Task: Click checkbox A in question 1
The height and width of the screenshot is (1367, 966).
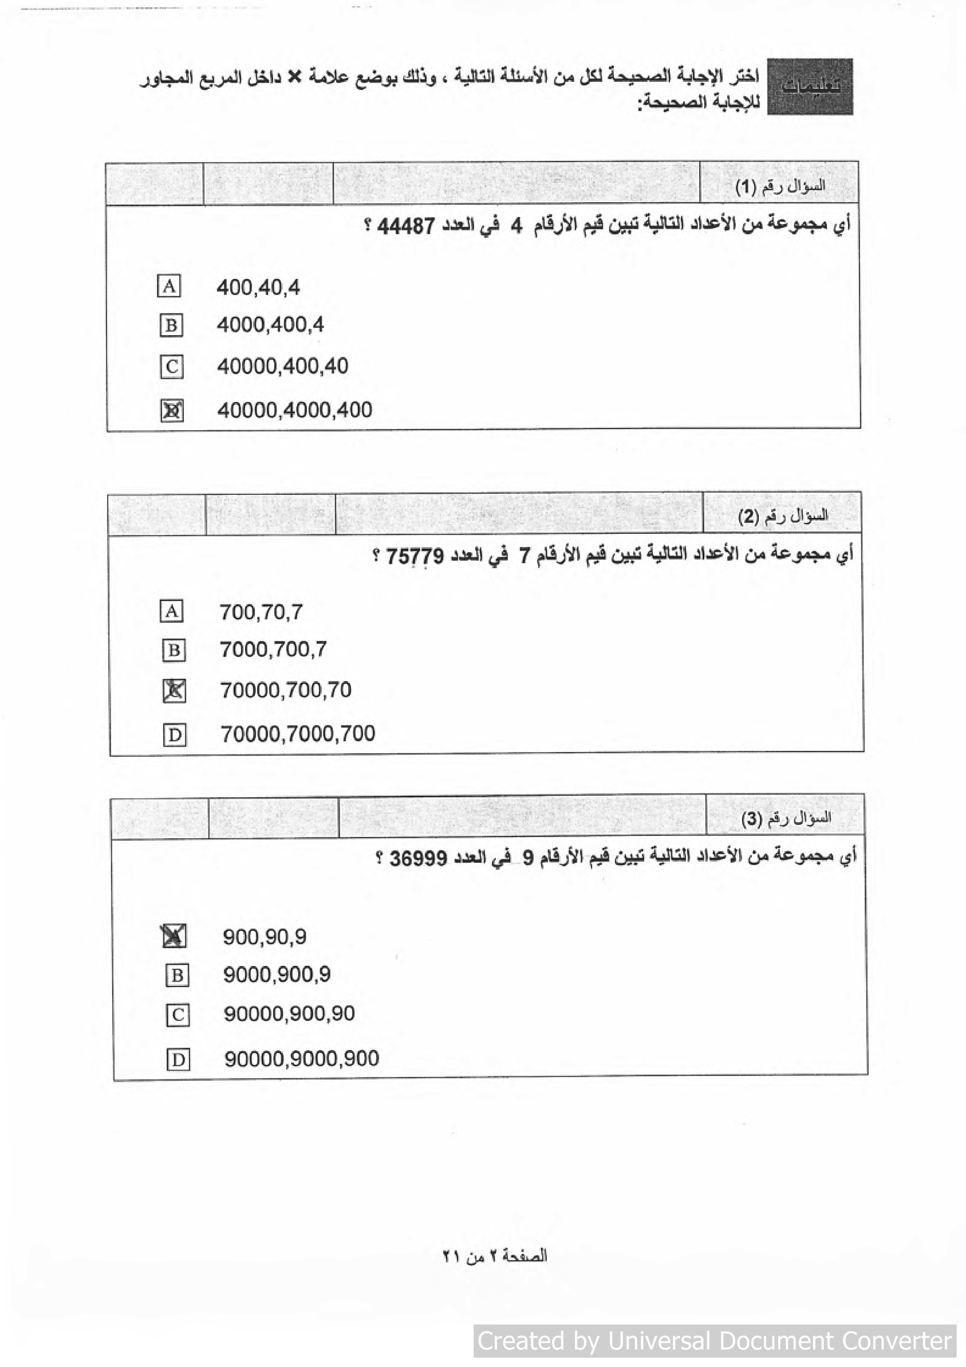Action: tap(169, 286)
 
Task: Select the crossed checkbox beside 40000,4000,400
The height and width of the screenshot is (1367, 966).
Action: tap(172, 410)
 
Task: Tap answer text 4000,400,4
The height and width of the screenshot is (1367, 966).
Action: tap(270, 325)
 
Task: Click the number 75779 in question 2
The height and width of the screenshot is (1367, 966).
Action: tap(415, 556)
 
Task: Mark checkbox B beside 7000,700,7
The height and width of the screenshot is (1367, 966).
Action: tap(174, 650)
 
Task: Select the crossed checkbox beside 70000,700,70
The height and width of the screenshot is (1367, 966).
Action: tap(174, 691)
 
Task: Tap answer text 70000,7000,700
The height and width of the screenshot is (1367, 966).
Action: tap(298, 733)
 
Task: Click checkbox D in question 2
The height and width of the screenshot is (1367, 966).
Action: tap(175, 735)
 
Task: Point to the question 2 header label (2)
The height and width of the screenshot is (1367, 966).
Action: tap(783, 516)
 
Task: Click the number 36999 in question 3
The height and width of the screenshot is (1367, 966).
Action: tap(418, 858)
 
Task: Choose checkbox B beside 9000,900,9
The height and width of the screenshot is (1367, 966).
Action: tap(177, 975)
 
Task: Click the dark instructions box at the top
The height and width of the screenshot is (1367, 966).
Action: tap(809, 87)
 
